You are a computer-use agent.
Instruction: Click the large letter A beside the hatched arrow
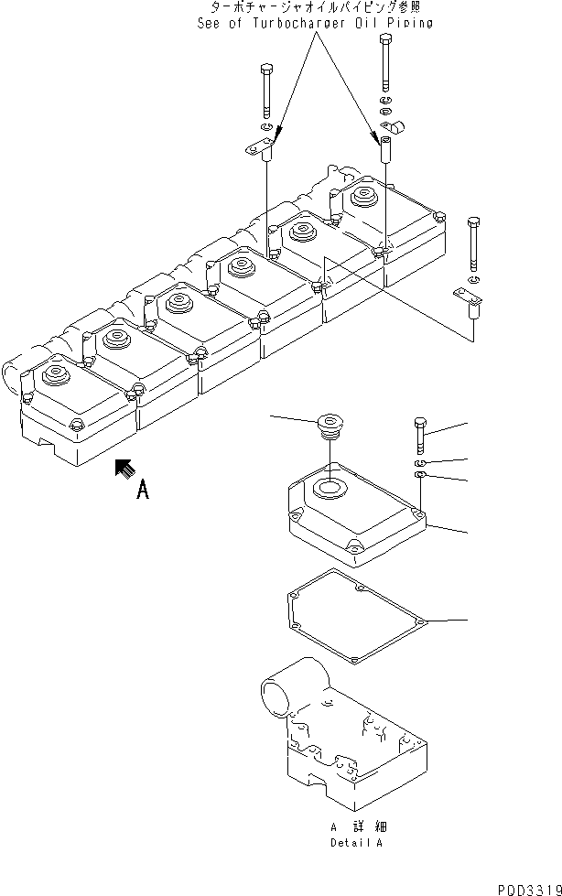tap(142, 491)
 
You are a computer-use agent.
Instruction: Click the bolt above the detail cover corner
tap(419, 434)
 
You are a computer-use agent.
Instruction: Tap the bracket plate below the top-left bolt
tap(261, 146)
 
